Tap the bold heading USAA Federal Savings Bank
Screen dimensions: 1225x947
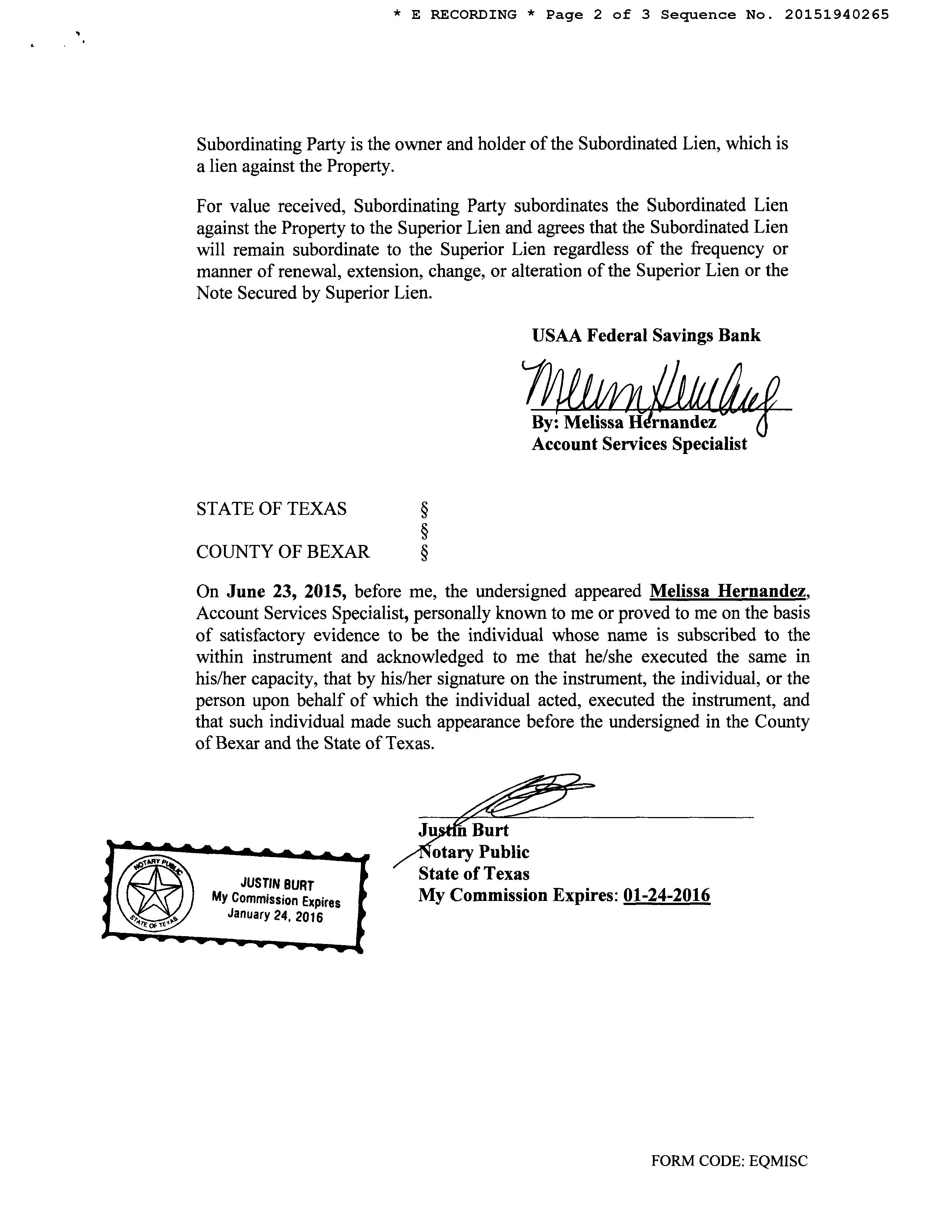tap(646, 336)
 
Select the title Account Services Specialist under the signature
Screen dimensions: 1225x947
tap(639, 444)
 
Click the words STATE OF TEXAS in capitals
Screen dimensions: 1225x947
tap(271, 509)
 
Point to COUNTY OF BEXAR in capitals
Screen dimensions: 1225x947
tap(283, 552)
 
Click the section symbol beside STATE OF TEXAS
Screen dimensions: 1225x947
tap(424, 510)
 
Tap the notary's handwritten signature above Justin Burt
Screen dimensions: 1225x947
tap(522, 797)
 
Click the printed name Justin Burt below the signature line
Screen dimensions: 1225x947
tap(463, 831)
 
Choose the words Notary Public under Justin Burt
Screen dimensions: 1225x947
tap(474, 853)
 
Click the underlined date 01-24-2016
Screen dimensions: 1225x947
tap(667, 895)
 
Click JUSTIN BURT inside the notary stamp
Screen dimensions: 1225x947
tap(277, 885)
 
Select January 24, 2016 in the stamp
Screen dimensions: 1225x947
tap(275, 915)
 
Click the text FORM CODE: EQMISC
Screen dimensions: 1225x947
tap(729, 1161)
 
